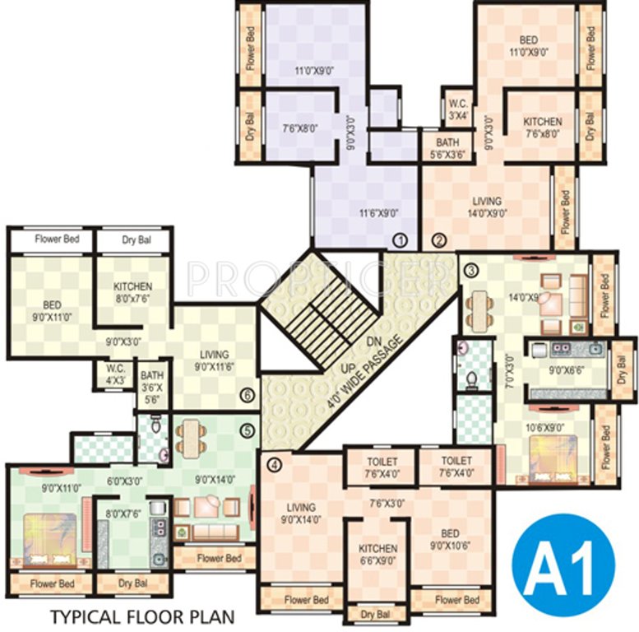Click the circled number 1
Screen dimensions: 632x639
(401, 240)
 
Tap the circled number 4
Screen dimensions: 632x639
(274, 465)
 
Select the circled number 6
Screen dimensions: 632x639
(247, 396)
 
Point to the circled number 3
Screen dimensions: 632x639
(471, 269)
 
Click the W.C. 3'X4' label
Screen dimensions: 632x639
(457, 109)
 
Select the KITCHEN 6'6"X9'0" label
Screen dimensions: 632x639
(378, 555)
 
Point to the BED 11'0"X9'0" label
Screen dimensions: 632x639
(530, 46)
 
